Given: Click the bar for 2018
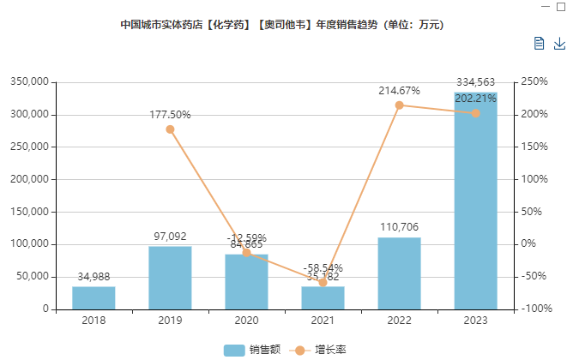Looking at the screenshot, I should [93, 297].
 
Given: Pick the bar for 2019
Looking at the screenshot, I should [170, 278].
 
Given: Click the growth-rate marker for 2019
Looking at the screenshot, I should [170, 129].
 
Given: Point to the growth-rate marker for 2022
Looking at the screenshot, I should [399, 105].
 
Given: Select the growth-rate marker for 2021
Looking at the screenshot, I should [323, 282].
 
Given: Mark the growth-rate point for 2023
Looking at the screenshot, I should [475, 113].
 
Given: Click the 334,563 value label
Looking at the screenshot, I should [476, 82].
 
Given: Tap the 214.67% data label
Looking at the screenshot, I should [399, 90].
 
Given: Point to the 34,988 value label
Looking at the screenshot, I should [93, 277].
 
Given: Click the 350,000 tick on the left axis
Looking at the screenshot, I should [30, 82].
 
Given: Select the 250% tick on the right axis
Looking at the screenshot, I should [533, 82].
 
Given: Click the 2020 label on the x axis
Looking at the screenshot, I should [246, 321].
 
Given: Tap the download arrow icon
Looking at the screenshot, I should [559, 44].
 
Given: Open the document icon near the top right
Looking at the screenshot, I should [539, 44].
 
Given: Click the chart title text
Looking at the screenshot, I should [283, 24].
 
